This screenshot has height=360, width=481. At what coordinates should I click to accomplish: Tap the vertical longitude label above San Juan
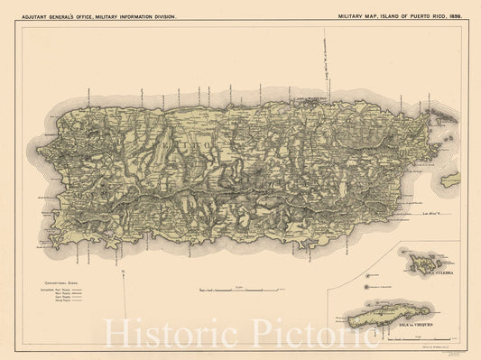pyautogui.click(x=324, y=64)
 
